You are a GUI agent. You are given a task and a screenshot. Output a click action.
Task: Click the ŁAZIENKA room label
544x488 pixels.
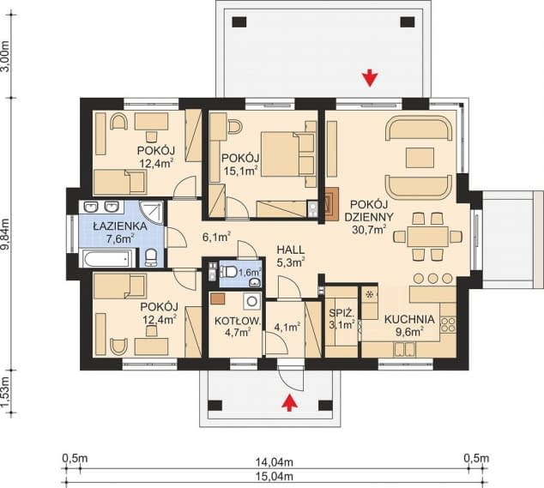(120, 226)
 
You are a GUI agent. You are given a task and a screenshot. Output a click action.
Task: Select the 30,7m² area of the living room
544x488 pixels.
(369, 229)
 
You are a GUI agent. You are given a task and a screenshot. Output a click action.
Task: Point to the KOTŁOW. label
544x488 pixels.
(238, 321)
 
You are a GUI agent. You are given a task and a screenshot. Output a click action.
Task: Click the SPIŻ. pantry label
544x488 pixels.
(342, 314)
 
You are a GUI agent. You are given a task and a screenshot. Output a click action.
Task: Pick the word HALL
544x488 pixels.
(291, 250)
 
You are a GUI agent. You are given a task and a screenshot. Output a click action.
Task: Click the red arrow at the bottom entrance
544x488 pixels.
(289, 402)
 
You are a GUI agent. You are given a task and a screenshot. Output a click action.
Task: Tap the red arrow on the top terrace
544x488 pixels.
(371, 78)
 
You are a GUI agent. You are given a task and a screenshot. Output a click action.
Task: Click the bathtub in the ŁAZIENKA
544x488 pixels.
(106, 259)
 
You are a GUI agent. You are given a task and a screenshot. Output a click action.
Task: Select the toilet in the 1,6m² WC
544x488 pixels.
(228, 271)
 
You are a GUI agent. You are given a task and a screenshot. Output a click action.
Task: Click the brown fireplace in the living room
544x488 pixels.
(331, 204)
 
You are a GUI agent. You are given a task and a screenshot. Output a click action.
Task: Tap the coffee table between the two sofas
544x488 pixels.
(420, 158)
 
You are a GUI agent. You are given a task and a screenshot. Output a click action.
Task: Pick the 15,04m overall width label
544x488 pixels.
(275, 477)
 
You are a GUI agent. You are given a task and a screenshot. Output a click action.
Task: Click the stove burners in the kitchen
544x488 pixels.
(448, 324)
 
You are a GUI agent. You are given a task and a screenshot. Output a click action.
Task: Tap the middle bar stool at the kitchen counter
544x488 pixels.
(433, 278)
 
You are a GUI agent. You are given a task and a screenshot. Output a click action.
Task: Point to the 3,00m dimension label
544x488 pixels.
(5, 56)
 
